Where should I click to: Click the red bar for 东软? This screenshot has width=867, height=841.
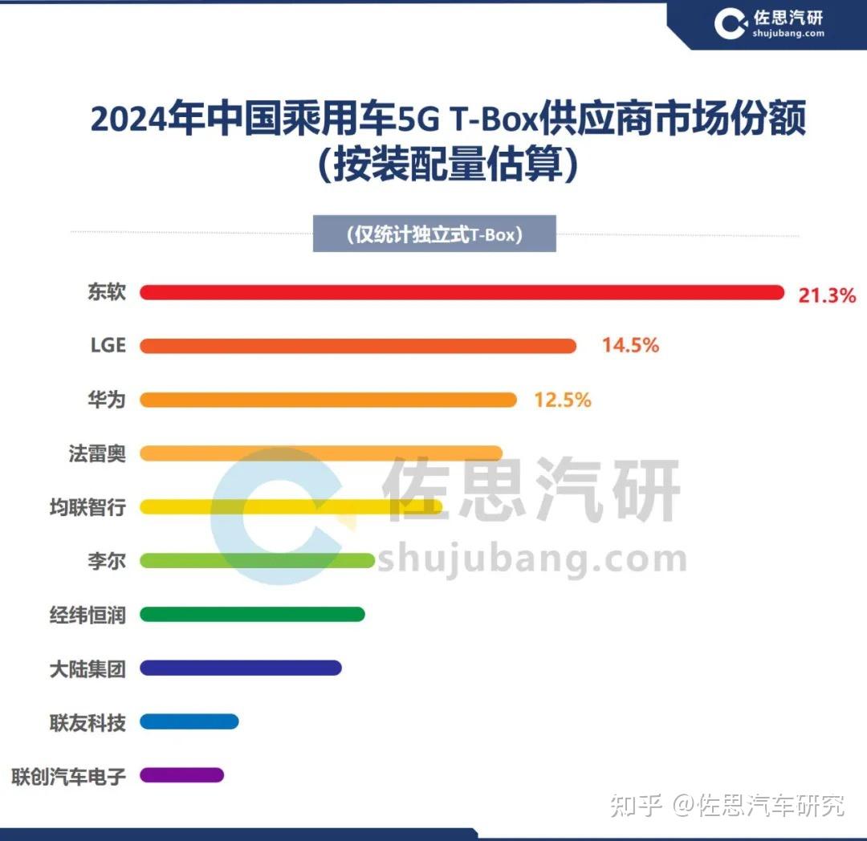coord(462,293)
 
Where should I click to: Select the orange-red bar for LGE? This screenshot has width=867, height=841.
coord(358,346)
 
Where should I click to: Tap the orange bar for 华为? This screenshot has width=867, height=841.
coord(328,400)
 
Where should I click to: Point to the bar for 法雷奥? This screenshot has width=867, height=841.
coord(321,453)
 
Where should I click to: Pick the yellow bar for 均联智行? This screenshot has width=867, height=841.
coord(291,507)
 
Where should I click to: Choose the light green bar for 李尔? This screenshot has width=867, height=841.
coord(257,560)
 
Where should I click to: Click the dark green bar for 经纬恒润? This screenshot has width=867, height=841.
coord(252,614)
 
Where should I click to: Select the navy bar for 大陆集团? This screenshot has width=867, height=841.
coord(241,668)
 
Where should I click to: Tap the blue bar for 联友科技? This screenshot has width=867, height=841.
coord(189,721)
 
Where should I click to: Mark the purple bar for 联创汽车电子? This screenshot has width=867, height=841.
coord(181,775)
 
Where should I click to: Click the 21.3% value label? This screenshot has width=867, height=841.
coord(827,295)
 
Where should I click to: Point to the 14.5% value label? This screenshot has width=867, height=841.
coord(631,346)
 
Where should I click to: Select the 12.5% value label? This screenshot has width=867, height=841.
coord(563,400)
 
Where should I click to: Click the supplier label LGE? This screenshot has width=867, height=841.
coord(108,345)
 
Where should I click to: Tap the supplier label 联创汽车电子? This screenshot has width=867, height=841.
coord(69,776)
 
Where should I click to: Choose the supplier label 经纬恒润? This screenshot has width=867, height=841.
coord(88,615)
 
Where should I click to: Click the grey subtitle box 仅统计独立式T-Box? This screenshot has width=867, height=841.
coord(434,235)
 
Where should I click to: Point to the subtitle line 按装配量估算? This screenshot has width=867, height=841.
coord(447,166)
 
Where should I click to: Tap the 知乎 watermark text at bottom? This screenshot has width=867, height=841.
coord(636,804)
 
